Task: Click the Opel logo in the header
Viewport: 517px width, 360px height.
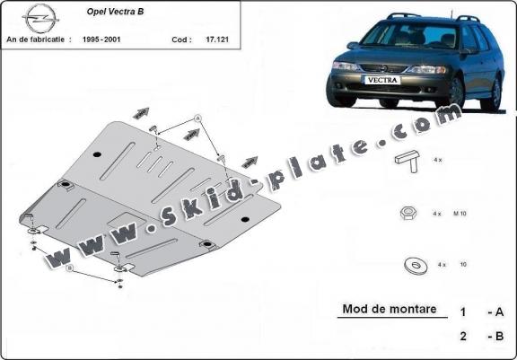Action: coord(40,18)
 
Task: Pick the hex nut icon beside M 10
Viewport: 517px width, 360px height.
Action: coord(407,214)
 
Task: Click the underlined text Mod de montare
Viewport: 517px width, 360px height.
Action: coord(394,310)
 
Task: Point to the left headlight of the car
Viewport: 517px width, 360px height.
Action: coord(346,66)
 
